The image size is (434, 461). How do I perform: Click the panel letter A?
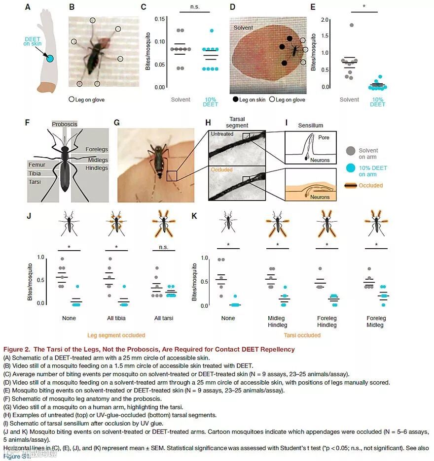pos(28,7)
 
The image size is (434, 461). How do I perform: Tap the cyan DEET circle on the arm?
pos(50,59)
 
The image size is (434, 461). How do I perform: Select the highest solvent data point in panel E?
pos(352,25)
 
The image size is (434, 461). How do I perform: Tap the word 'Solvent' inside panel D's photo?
pos(243,28)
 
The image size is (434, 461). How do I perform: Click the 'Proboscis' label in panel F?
pos(65,124)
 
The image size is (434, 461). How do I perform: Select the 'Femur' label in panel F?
pos(36,165)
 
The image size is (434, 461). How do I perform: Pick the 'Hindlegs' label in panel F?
pos(98,168)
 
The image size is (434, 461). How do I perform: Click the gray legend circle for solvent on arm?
pos(350,151)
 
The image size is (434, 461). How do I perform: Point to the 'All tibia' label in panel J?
pos(117,318)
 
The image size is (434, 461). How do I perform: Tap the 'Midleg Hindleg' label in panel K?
pos(278,322)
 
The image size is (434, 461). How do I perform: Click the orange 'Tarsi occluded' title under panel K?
pos(302,335)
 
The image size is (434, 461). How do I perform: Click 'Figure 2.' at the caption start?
pos(17,349)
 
